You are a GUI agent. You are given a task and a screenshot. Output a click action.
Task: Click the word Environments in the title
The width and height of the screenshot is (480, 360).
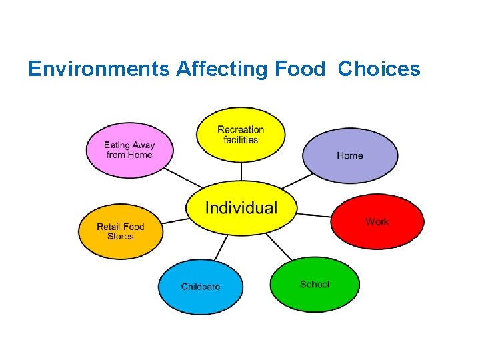[x=99, y=69]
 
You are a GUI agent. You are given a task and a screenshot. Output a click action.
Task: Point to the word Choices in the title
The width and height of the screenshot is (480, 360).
[x=379, y=69]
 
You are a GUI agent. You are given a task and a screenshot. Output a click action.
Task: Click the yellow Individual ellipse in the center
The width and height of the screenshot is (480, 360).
[x=241, y=208]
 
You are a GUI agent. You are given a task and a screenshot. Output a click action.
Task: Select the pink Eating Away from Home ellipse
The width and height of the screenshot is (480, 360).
[x=129, y=150]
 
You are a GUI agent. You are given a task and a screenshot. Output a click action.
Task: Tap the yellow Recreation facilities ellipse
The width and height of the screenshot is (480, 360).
[x=241, y=135]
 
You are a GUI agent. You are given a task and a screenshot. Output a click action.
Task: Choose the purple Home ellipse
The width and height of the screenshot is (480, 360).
[x=350, y=156]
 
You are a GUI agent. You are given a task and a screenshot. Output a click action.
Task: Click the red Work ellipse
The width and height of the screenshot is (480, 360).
[x=377, y=221]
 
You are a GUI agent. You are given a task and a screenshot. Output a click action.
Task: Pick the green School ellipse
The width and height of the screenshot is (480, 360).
[x=315, y=285]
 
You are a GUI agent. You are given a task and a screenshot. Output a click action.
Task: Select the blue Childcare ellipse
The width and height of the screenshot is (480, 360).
[x=200, y=287]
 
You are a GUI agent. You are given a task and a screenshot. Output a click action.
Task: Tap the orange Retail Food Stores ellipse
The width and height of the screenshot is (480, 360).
[x=121, y=231]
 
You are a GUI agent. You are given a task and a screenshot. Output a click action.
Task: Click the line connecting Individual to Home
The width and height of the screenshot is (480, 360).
[x=297, y=181]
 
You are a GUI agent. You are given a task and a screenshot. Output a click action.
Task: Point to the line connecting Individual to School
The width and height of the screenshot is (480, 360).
[x=279, y=247]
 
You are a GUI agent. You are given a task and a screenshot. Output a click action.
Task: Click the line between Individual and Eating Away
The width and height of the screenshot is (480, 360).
[x=183, y=177]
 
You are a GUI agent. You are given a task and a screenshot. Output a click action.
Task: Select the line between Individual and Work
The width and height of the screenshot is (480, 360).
[x=314, y=215]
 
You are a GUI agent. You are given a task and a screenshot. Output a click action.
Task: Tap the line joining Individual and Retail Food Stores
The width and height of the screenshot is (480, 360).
[x=175, y=220]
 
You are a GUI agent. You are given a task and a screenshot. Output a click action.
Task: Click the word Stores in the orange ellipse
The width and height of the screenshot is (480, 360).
[x=121, y=237]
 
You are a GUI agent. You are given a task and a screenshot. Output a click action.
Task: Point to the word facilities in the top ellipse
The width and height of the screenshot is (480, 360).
[x=241, y=139]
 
